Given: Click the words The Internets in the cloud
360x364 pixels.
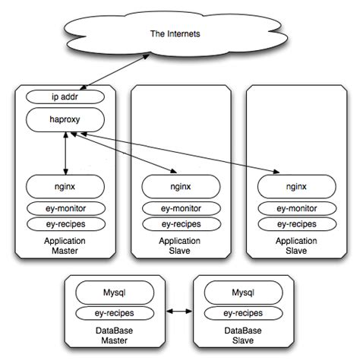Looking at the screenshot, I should click(180, 35).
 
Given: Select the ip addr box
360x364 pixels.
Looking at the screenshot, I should click(65, 97).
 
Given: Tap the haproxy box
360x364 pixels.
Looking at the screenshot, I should click(65, 119).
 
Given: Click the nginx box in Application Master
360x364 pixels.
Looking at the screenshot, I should click(65, 185).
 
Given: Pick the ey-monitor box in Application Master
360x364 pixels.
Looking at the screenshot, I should click(65, 208).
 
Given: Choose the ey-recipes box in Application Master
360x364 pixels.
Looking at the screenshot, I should click(65, 224).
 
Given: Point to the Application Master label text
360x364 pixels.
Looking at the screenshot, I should click(65, 246).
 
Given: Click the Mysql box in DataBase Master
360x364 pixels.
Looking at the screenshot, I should click(113, 292).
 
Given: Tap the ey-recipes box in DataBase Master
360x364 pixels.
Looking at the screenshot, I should click(113, 312).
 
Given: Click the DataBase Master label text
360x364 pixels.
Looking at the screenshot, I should click(113, 335).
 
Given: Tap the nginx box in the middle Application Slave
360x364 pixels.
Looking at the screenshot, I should click(180, 185).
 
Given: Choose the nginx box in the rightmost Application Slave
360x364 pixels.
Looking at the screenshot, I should click(295, 185).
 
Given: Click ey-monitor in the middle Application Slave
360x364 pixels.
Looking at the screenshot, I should click(180, 208).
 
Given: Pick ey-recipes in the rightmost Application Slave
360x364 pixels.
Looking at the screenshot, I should click(295, 224).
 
